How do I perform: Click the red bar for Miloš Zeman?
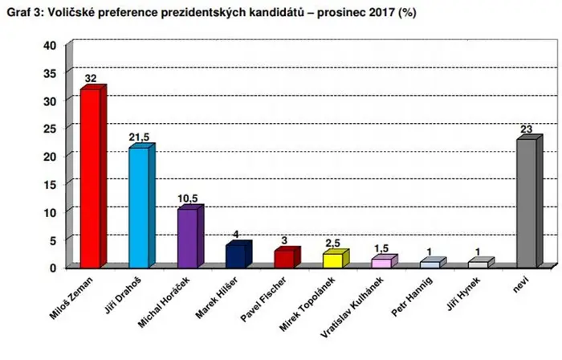tap(93, 177)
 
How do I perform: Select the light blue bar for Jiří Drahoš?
tap(142, 206)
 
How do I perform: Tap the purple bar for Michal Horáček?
tap(190, 237)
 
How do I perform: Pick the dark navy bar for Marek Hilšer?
tap(238, 255)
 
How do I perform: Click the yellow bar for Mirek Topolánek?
tap(336, 259)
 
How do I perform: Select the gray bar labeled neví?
tap(530, 202)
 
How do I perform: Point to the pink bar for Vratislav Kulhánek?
tap(385, 261)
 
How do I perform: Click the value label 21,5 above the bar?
tap(139, 137)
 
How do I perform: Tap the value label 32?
tap(91, 78)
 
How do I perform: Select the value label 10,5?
tap(187, 198)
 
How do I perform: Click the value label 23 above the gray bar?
tap(527, 129)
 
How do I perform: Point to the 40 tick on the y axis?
tap(50, 46)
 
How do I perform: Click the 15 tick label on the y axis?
tap(50, 185)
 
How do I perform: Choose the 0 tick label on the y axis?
tap(53, 268)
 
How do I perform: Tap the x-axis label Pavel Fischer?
tap(263, 300)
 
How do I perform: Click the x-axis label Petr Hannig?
tap(412, 297)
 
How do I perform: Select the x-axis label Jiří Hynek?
tap(463, 293)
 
